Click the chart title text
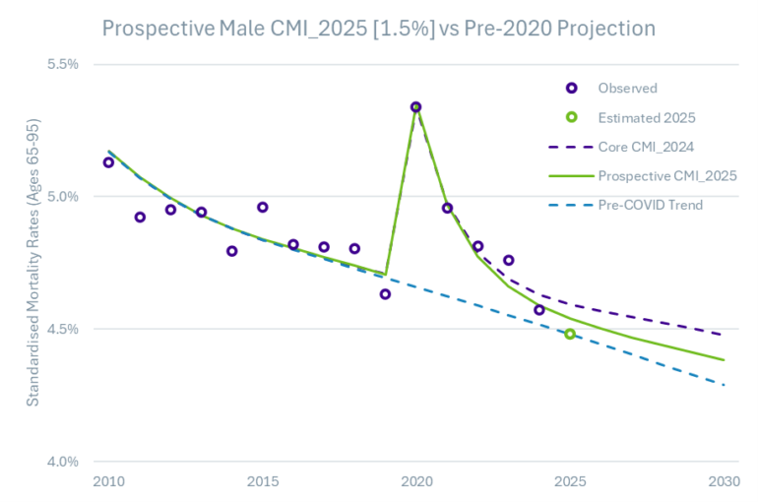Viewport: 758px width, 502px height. coord(378,29)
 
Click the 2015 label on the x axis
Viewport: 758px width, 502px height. coord(262,481)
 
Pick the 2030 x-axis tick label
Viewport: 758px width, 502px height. coord(725,481)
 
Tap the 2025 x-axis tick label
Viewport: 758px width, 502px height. coord(570,481)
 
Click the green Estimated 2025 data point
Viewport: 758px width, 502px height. coord(570,335)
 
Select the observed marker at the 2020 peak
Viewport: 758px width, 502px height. coord(415,107)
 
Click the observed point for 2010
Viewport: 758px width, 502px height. coord(108,162)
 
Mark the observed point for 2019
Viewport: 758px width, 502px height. coord(385,294)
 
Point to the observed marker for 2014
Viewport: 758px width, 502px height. coord(231,251)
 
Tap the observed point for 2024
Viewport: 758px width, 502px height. coord(539,310)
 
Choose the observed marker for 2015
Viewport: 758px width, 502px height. coord(262,208)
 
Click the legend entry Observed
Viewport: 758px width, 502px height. coord(627,88)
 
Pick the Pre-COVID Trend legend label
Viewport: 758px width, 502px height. coord(651,205)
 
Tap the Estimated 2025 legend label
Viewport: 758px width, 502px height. coord(647,117)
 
